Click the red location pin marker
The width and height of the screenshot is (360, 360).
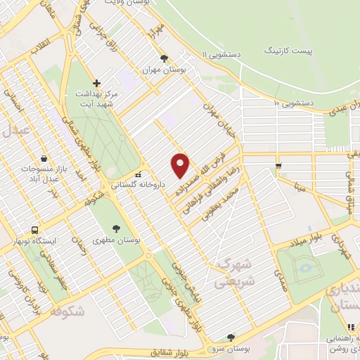pyautogui.click(x=181, y=165)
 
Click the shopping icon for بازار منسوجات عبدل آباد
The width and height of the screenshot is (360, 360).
pyautogui.click(x=44, y=159)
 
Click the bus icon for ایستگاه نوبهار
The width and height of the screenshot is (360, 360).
pyautogui.click(x=34, y=230)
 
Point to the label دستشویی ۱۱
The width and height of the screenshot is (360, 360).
pyautogui.click(x=224, y=54)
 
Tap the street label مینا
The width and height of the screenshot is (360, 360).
pyautogui.click(x=301, y=187)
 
